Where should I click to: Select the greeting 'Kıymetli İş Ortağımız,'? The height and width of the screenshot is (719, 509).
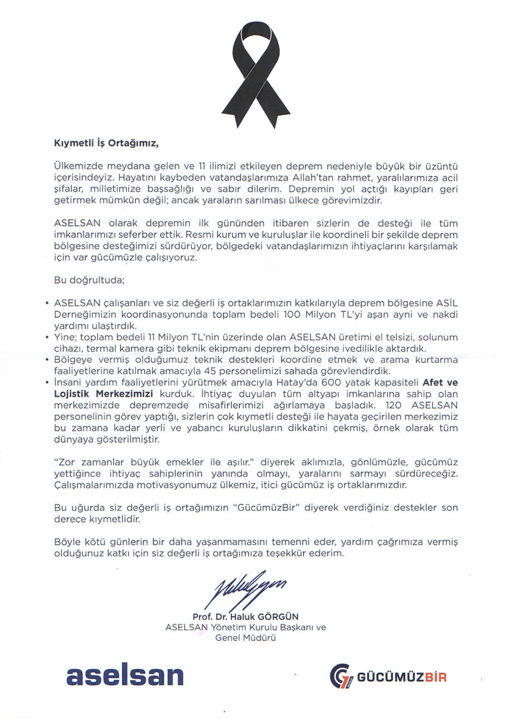(x=106, y=144)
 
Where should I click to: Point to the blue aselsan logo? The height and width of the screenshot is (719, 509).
(x=125, y=675)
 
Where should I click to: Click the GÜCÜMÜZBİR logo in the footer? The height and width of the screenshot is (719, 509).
(x=389, y=677)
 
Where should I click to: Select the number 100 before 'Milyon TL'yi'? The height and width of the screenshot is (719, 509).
(x=292, y=314)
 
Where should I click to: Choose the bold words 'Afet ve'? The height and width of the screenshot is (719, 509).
(x=440, y=383)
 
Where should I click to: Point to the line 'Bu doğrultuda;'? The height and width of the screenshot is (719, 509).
(x=89, y=280)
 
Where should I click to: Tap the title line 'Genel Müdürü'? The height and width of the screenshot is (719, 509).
(x=246, y=638)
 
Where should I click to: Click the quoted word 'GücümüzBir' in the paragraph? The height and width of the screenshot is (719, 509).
(x=266, y=508)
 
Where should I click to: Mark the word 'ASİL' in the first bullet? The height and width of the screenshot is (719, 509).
(x=447, y=303)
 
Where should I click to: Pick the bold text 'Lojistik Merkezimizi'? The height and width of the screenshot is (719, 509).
(x=103, y=394)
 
